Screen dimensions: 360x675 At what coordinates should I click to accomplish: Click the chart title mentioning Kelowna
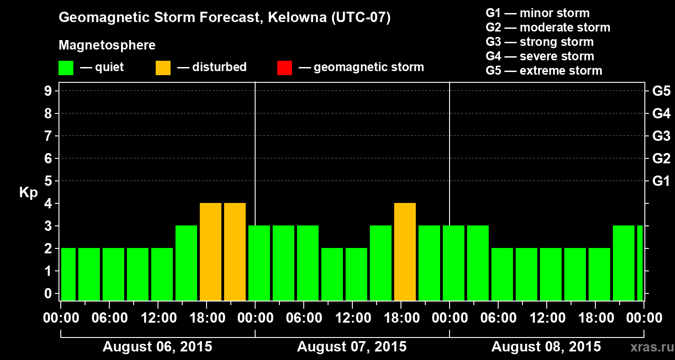[225, 18]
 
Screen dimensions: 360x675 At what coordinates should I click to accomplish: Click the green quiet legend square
[66, 68]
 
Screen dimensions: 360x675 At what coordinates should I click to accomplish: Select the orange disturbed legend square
[163, 68]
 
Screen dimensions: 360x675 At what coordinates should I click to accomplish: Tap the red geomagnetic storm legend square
[284, 68]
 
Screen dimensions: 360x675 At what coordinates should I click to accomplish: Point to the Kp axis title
[28, 193]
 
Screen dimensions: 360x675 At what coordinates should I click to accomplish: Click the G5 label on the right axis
[661, 91]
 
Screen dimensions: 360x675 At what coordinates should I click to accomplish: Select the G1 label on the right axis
[661, 181]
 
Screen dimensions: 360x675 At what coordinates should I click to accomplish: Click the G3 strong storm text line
[540, 42]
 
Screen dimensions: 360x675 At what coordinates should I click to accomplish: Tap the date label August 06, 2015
[157, 347]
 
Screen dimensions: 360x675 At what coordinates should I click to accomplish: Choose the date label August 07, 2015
[352, 347]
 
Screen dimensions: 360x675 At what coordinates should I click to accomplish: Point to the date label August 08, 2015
[546, 347]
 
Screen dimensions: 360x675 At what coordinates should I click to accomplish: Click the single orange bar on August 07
[405, 252]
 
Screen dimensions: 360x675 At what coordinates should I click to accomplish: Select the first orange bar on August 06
[211, 252]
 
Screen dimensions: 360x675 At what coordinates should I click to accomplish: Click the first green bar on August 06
[68, 274]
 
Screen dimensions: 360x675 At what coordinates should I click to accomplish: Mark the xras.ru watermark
[648, 347]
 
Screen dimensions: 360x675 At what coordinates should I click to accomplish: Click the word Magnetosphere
[107, 45]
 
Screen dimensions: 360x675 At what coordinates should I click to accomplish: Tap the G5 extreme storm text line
[544, 71]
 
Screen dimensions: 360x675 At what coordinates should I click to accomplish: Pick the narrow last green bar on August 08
[640, 263]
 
